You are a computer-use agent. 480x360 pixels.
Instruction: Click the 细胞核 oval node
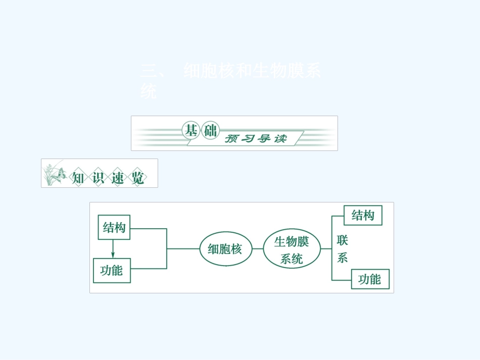tap(225, 248)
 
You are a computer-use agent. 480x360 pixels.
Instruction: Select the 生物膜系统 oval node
tap(292, 249)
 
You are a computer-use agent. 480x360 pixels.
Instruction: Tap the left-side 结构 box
tap(114, 227)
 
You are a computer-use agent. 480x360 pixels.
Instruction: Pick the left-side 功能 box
tap(112, 270)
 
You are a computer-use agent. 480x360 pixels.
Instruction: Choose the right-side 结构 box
tap(363, 215)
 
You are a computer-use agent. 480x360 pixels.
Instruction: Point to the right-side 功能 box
tap(370, 279)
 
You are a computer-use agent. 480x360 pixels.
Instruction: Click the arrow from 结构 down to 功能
tap(113, 248)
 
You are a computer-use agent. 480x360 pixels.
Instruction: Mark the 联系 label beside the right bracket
tap(343, 249)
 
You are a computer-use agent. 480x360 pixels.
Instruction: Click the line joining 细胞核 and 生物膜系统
tap(257, 248)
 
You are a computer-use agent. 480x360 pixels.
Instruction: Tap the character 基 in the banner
tap(190, 131)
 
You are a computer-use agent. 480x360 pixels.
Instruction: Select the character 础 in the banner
tap(209, 131)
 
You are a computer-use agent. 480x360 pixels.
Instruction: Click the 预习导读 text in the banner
tap(256, 138)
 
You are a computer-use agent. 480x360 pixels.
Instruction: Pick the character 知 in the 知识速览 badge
tap(78, 178)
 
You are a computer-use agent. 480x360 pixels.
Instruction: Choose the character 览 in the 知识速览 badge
tap(137, 178)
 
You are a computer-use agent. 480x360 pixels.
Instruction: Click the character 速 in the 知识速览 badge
tap(117, 178)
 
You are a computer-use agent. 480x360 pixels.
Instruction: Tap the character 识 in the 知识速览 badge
tap(98, 178)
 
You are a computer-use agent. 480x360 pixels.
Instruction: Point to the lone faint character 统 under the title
tap(149, 92)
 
